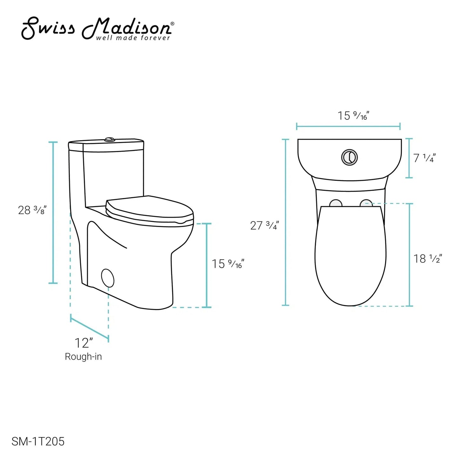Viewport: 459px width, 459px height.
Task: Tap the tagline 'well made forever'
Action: coord(133,38)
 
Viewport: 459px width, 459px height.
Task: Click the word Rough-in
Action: coord(83,357)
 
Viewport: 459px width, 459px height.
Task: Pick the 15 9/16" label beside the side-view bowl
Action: coord(228,264)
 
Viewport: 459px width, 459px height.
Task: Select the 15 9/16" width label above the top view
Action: coord(354,116)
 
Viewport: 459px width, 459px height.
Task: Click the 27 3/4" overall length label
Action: coord(264,226)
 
